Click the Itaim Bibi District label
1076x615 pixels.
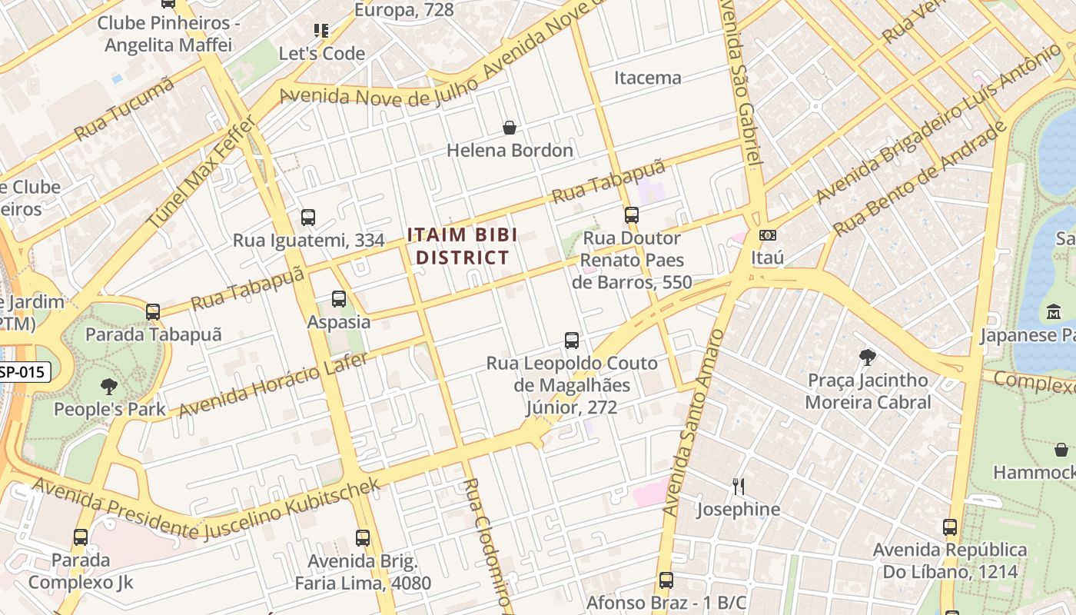pyautogui.click(x=462, y=246)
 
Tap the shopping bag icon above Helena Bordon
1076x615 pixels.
pyautogui.click(x=509, y=128)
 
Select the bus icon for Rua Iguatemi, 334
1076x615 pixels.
pyautogui.click(x=308, y=218)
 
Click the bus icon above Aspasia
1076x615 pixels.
pyautogui.click(x=339, y=299)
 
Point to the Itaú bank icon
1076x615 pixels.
pyautogui.click(x=766, y=235)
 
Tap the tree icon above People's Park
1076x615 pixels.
pyautogui.click(x=109, y=387)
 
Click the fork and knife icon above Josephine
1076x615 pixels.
pyautogui.click(x=738, y=486)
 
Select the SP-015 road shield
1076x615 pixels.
pyautogui.click(x=25, y=372)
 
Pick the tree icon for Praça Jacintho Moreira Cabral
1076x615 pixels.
pyautogui.click(x=868, y=357)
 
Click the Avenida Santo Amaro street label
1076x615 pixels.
pyautogui.click(x=693, y=422)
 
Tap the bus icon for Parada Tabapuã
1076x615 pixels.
pyautogui.click(x=153, y=312)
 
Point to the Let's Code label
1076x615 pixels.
pyautogui.click(x=321, y=54)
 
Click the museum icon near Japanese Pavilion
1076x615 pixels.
pyautogui.click(x=1053, y=313)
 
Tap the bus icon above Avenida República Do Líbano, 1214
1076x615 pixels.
pyautogui.click(x=950, y=527)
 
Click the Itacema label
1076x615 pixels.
pyautogui.click(x=647, y=78)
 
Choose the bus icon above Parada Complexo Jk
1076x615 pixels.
pyautogui.click(x=81, y=537)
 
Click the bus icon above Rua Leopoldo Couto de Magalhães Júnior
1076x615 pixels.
pyautogui.click(x=571, y=340)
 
